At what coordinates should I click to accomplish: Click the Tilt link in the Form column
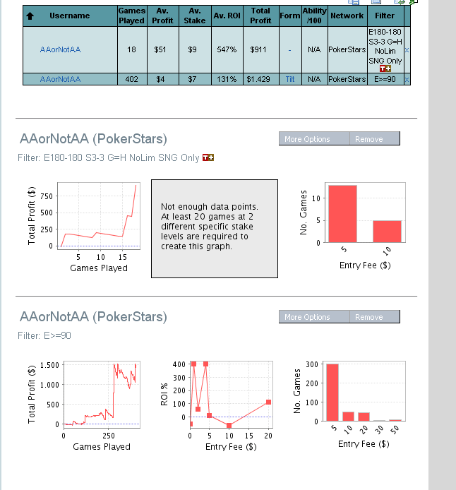click(x=289, y=79)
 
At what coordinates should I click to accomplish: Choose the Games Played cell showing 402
click(x=131, y=79)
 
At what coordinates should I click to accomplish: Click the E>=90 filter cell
click(x=385, y=79)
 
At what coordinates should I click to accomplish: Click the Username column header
click(x=69, y=16)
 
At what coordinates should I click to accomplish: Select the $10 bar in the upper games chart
click(x=387, y=231)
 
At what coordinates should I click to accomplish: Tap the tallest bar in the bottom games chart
click(x=332, y=393)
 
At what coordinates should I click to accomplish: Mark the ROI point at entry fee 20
click(x=269, y=402)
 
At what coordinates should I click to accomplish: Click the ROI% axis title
click(x=164, y=393)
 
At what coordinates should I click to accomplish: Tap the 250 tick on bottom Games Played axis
click(x=109, y=436)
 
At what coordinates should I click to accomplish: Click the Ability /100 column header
click(x=314, y=16)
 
